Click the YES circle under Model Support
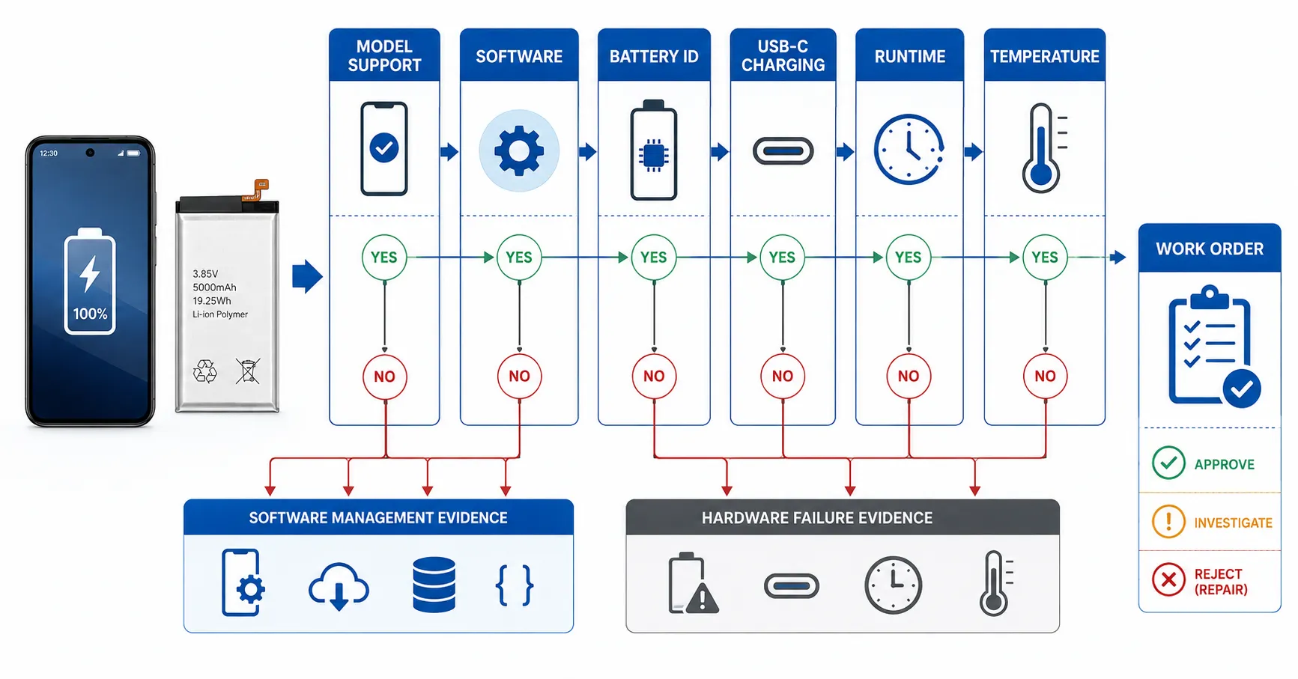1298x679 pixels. pos(384,258)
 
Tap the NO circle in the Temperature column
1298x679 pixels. pos(1045,376)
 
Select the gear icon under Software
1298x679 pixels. pos(519,150)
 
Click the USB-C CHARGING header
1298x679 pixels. pos(783,55)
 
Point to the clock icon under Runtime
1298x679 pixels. pos(909,150)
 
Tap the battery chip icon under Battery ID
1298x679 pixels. pos(654,150)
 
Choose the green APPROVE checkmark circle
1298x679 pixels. pos(1168,463)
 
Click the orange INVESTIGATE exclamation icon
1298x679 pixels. pos(1168,521)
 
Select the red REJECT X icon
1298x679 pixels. pos(1168,579)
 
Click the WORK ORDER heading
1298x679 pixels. pos(1210,249)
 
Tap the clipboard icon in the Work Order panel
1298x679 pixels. pos(1213,346)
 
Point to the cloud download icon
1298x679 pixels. pos(339,586)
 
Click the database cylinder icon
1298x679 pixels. pos(434,585)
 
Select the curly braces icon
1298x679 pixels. pos(515,585)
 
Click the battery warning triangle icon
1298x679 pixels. pos(692,584)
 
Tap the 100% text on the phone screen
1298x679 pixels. pos(90,314)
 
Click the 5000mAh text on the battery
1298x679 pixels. pos(214,287)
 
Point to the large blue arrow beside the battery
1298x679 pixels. pos(307,276)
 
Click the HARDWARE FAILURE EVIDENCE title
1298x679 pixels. pos(817,518)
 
